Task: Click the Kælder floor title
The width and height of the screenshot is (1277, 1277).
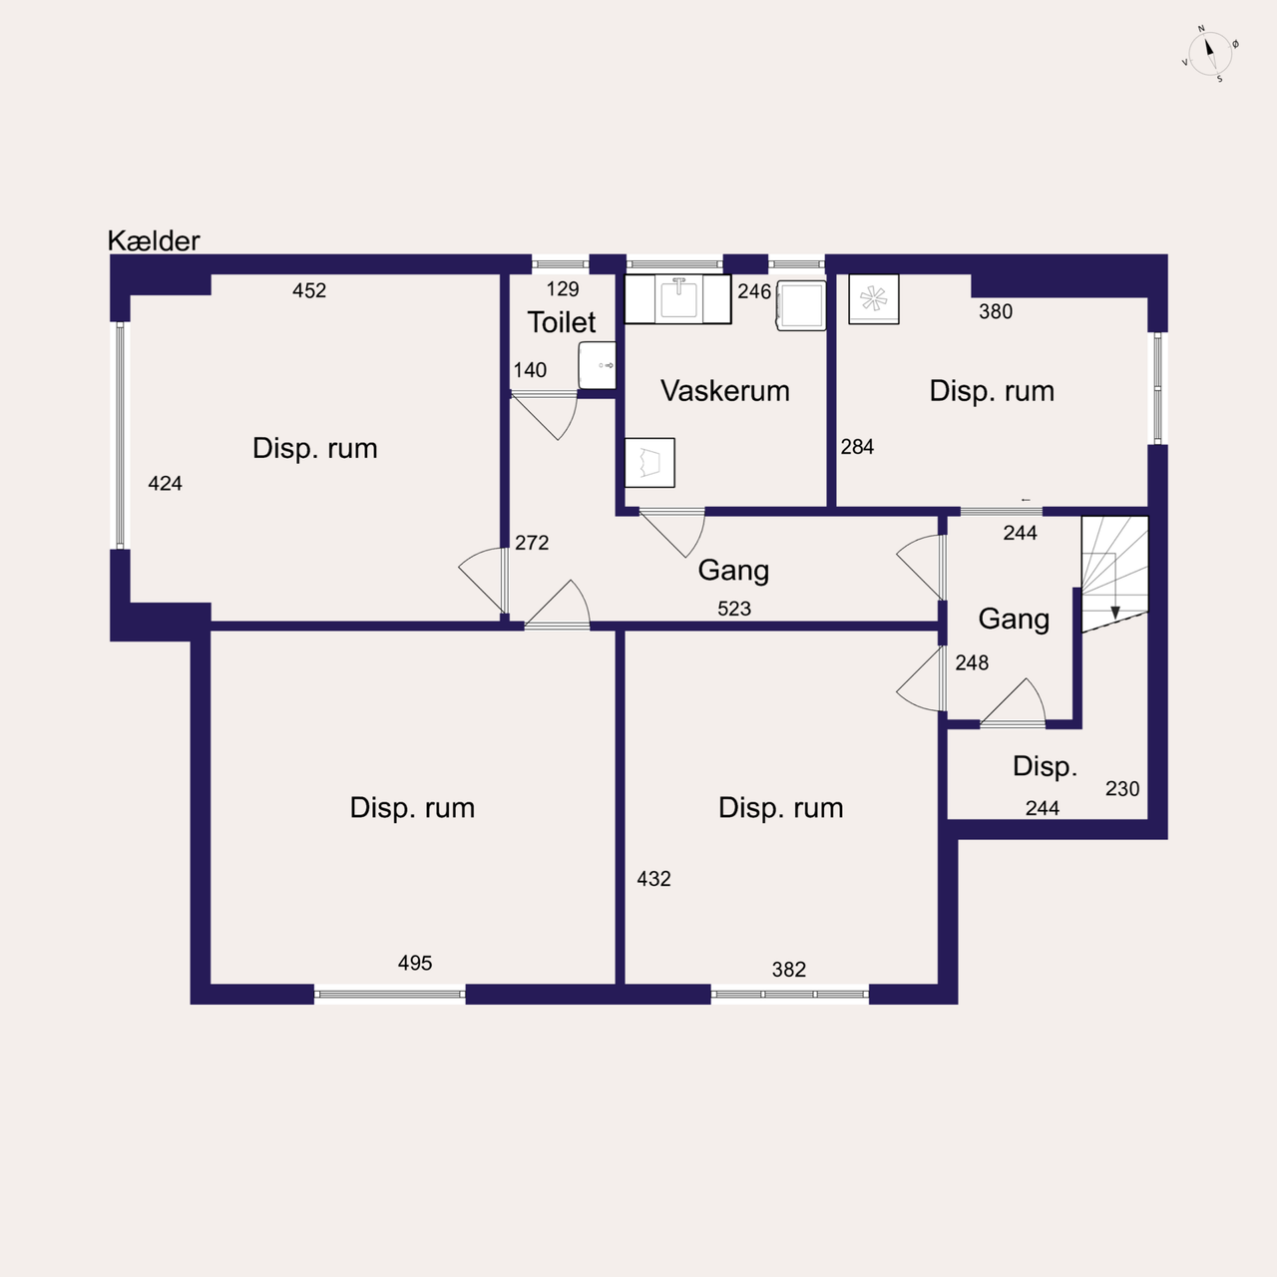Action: point(153,240)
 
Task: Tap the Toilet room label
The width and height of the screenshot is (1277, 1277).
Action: point(562,322)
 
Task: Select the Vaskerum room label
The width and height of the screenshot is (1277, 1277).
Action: point(725,391)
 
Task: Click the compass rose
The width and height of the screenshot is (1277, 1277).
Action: point(1210,54)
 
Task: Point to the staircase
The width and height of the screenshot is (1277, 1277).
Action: point(1114,574)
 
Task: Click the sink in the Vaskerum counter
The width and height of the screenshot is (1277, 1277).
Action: point(678,298)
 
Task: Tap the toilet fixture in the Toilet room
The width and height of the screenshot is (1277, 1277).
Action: point(597,365)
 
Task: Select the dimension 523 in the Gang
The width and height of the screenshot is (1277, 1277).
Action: point(734,609)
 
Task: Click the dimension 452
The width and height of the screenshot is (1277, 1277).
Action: point(309,290)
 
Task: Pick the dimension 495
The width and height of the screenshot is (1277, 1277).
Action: point(415,963)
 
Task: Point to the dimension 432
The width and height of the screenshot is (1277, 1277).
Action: point(654,879)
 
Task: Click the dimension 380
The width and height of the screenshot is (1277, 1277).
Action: point(996,311)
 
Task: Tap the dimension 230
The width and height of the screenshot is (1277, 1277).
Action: point(1122,788)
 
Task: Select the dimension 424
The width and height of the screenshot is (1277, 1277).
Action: point(165,484)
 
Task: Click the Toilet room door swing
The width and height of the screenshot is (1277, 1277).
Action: point(544,415)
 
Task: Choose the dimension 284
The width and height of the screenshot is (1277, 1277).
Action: point(858,447)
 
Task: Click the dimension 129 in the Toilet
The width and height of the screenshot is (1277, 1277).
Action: point(563,289)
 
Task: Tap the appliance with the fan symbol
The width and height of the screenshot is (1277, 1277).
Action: point(873,299)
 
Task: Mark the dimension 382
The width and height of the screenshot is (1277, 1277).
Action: point(789,970)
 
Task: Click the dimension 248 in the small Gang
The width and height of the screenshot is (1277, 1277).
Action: point(972,662)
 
